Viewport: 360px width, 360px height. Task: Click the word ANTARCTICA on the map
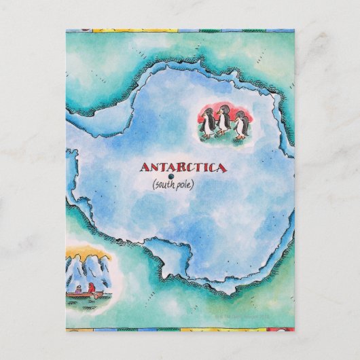coord(183,166)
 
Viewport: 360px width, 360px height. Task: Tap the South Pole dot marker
coord(170,177)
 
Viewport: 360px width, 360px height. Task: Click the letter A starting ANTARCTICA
coord(144,166)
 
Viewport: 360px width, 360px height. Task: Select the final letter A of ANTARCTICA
coord(222,166)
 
